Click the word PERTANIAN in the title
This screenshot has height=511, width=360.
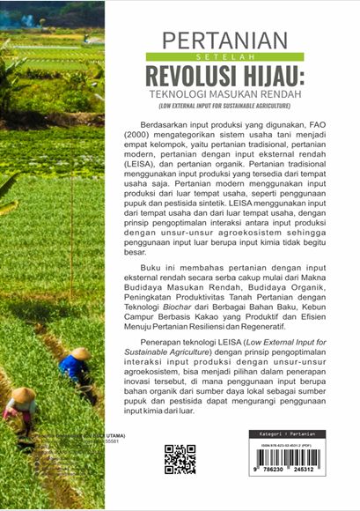[225, 41]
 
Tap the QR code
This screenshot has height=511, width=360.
[180, 458]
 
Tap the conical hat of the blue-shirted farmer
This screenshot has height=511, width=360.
[80, 353]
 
